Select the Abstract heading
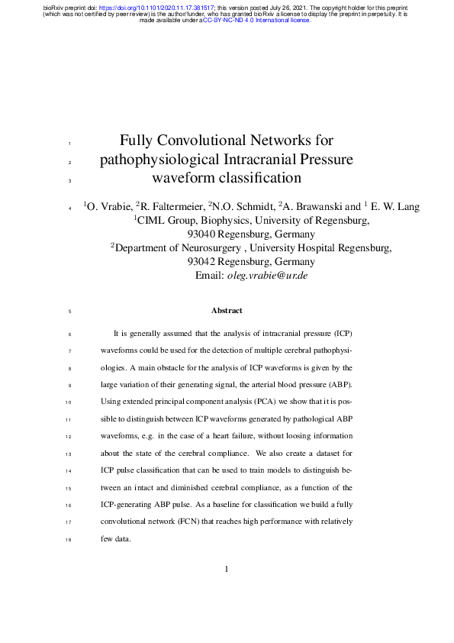click(227, 311)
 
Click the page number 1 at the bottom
click(227, 569)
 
